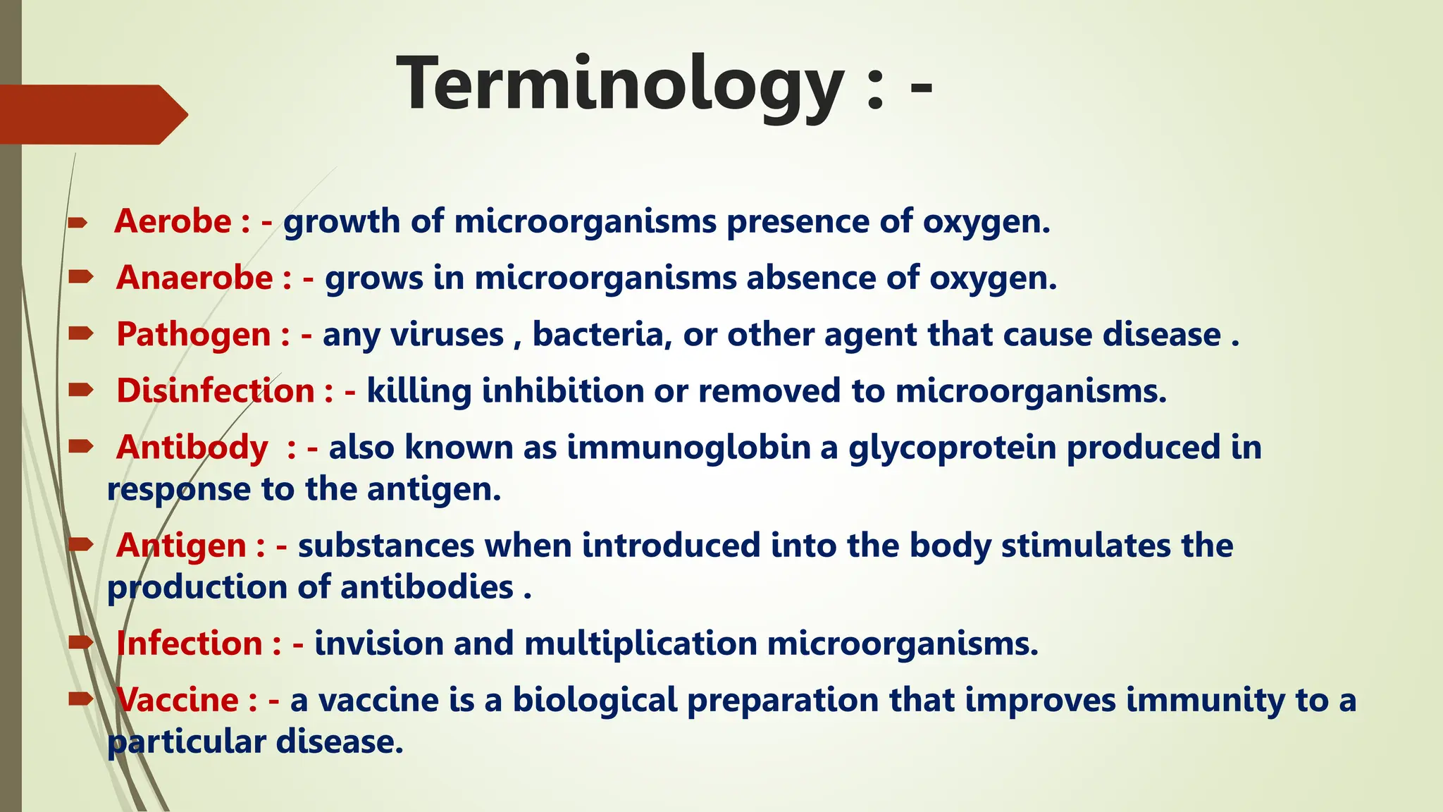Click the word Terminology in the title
(x=620, y=85)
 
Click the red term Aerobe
(x=173, y=221)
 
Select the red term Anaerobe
(x=194, y=278)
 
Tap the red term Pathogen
(x=194, y=335)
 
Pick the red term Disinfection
(x=216, y=390)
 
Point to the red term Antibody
(x=192, y=447)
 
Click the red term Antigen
(x=182, y=546)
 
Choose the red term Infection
(x=190, y=644)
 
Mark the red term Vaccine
(x=178, y=700)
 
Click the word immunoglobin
(x=688, y=448)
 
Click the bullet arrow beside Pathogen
(x=81, y=333)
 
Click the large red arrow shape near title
(x=92, y=115)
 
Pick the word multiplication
(x=640, y=644)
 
